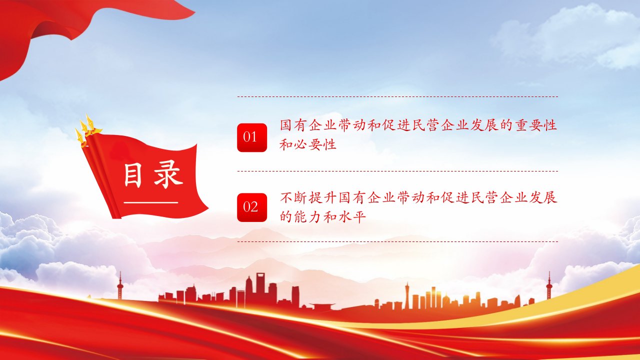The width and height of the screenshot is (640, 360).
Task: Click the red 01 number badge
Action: (252, 137)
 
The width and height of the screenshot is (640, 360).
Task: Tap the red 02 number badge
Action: (252, 207)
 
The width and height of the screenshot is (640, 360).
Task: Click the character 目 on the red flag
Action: (133, 175)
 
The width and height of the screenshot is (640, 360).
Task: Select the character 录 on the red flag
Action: (168, 174)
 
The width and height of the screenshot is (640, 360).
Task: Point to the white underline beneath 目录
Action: (151, 203)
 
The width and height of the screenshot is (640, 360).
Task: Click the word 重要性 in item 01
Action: (536, 125)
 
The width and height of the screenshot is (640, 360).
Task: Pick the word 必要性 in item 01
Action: (315, 144)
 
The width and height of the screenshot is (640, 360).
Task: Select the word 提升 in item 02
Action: (323, 197)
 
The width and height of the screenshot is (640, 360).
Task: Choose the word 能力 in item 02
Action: (308, 217)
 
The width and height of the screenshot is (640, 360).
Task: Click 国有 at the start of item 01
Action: (293, 125)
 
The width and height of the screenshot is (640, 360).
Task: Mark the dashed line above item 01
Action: (397, 97)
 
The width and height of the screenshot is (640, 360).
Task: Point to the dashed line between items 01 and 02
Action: (397, 171)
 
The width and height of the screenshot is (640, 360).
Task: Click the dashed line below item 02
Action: (397, 241)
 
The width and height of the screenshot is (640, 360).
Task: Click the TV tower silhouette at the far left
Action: (120, 285)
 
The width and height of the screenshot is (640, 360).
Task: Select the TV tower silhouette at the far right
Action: (548, 285)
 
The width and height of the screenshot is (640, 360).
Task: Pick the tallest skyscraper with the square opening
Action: (260, 288)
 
